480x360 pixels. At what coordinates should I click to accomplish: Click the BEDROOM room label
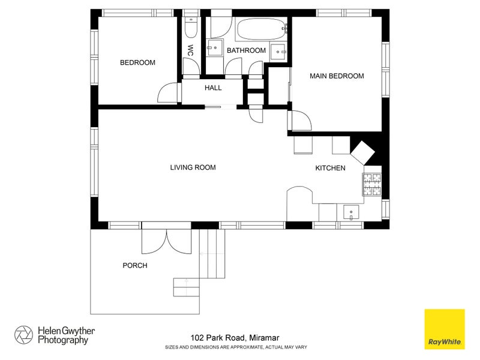click(x=137, y=62)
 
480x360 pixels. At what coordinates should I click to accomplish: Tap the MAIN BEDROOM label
click(x=337, y=76)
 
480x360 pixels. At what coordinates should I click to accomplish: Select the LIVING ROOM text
click(x=193, y=167)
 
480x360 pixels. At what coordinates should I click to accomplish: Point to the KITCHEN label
click(x=331, y=168)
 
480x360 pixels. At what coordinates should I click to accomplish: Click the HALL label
click(x=213, y=88)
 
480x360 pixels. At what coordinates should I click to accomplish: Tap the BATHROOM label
click(x=246, y=50)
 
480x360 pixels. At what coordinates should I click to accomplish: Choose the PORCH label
click(x=135, y=265)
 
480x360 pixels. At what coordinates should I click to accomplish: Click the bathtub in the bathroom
click(x=260, y=29)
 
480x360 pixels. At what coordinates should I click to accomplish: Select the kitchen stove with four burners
click(x=371, y=184)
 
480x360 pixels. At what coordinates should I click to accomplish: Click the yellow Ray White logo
click(x=445, y=329)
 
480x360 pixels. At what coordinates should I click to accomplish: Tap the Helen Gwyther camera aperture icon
click(x=23, y=335)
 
